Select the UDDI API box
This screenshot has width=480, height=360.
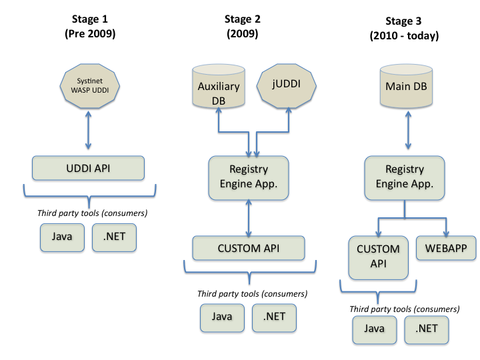[88, 168]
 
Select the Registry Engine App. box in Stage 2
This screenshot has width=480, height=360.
[249, 177]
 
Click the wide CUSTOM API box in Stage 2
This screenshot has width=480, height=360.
[248, 249]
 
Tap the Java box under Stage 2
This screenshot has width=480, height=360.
[222, 317]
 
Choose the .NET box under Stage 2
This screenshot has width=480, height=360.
[274, 317]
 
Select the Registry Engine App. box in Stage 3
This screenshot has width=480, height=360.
[405, 177]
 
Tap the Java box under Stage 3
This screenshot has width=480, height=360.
[374, 329]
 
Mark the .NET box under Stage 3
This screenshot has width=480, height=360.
[427, 329]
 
